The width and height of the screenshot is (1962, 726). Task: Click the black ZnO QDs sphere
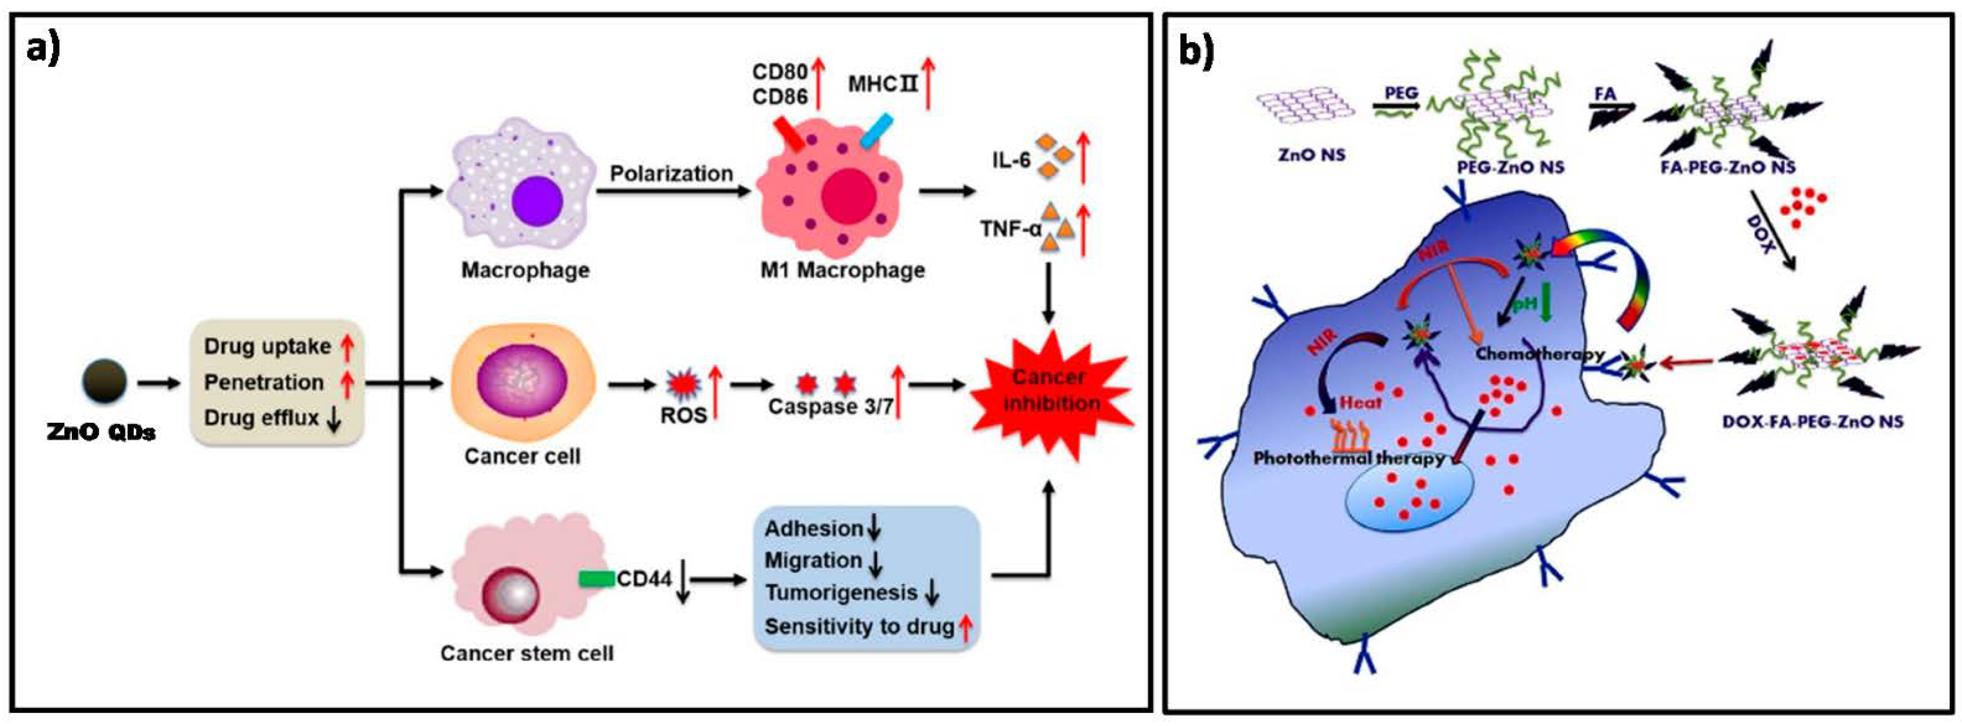click(x=105, y=381)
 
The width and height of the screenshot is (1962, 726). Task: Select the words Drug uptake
click(x=267, y=346)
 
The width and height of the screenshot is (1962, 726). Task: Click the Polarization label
click(x=671, y=174)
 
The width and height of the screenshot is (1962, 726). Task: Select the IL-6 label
click(x=1011, y=160)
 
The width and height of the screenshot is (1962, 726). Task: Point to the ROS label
click(x=683, y=415)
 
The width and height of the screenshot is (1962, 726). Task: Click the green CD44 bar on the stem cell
click(x=596, y=579)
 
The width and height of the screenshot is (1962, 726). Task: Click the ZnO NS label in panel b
click(x=1311, y=155)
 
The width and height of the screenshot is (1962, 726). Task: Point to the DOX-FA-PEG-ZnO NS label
click(x=1812, y=421)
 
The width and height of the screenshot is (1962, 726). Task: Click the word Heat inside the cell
click(x=1360, y=402)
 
